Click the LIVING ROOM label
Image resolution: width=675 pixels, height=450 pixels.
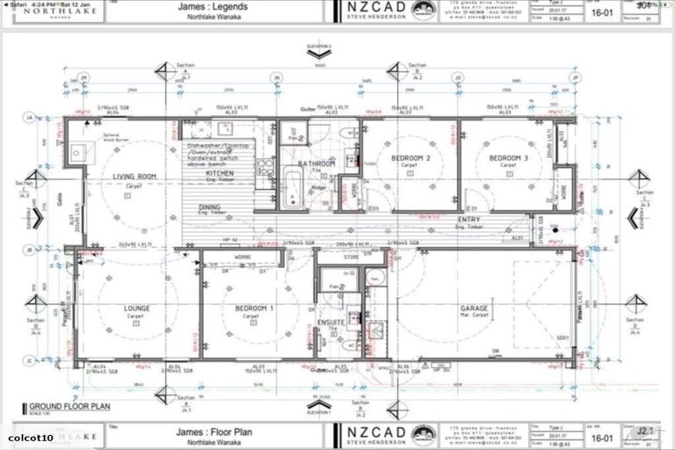coord(134,177)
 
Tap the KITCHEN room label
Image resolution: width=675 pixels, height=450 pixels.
coord(219,174)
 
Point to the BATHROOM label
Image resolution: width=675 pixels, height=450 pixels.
coord(316,163)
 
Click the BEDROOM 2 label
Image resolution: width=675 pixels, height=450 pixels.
coord(410,158)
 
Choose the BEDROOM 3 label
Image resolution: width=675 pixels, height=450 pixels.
coord(507,158)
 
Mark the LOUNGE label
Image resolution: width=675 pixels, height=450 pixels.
coord(136,308)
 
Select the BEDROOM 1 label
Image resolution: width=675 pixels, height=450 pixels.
coord(253,308)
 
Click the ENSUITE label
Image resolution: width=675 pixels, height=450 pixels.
coord(329,323)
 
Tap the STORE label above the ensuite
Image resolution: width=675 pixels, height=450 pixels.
coord(352,258)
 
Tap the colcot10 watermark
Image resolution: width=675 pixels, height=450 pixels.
coord(31,437)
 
